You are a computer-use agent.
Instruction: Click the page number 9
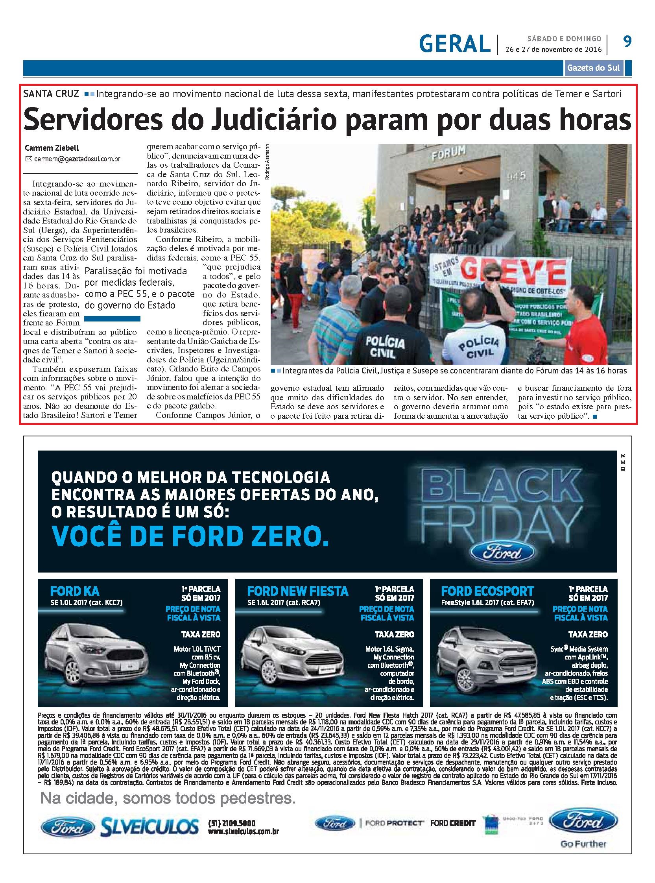[x=627, y=41]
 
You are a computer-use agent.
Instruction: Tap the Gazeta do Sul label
[x=593, y=68]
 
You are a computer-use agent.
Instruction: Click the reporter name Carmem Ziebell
[x=52, y=148]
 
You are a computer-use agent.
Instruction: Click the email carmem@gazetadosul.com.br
[x=77, y=159]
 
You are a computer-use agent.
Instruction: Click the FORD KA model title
[x=74, y=591]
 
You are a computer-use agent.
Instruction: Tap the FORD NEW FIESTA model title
[x=297, y=591]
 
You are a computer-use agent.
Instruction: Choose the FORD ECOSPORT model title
[x=488, y=591]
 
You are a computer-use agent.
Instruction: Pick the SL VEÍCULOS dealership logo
[x=149, y=827]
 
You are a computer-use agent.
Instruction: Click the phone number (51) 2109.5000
[x=232, y=823]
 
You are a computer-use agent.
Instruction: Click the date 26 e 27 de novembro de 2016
[x=553, y=50]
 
